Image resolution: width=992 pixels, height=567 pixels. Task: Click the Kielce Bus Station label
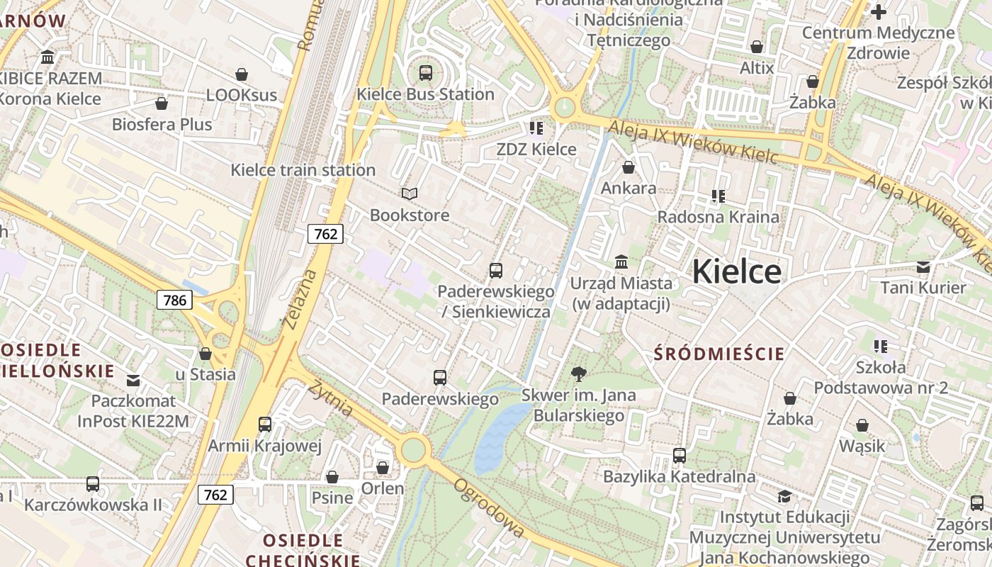pos(425,94)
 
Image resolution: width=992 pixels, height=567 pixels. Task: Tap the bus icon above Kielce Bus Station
pos(425,72)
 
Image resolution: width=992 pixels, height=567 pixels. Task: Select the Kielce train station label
pos(303,170)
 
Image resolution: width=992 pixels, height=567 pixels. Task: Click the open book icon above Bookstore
pos(410,193)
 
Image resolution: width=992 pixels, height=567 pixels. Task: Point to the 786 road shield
pos(175,300)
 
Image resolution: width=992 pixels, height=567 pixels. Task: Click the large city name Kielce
pos(736,271)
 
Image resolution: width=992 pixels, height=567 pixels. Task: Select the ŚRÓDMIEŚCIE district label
pos(719,354)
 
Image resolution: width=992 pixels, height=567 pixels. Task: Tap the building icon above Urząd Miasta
pos(621,262)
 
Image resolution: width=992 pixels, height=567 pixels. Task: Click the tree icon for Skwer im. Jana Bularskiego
pos(579,374)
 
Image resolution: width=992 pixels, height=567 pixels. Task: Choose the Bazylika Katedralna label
pos(679,476)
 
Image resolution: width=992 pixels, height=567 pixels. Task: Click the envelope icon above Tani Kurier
pos(923,266)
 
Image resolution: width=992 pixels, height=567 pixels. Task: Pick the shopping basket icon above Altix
pos(757,47)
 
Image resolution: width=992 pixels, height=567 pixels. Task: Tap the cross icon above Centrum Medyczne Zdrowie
pos(879,11)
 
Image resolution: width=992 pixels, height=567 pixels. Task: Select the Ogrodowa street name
pos(490,507)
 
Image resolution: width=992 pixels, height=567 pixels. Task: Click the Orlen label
pos(383,488)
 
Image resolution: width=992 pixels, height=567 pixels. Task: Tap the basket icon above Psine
pos(332,477)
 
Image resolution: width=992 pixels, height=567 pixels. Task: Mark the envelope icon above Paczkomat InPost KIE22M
pos(133,380)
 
